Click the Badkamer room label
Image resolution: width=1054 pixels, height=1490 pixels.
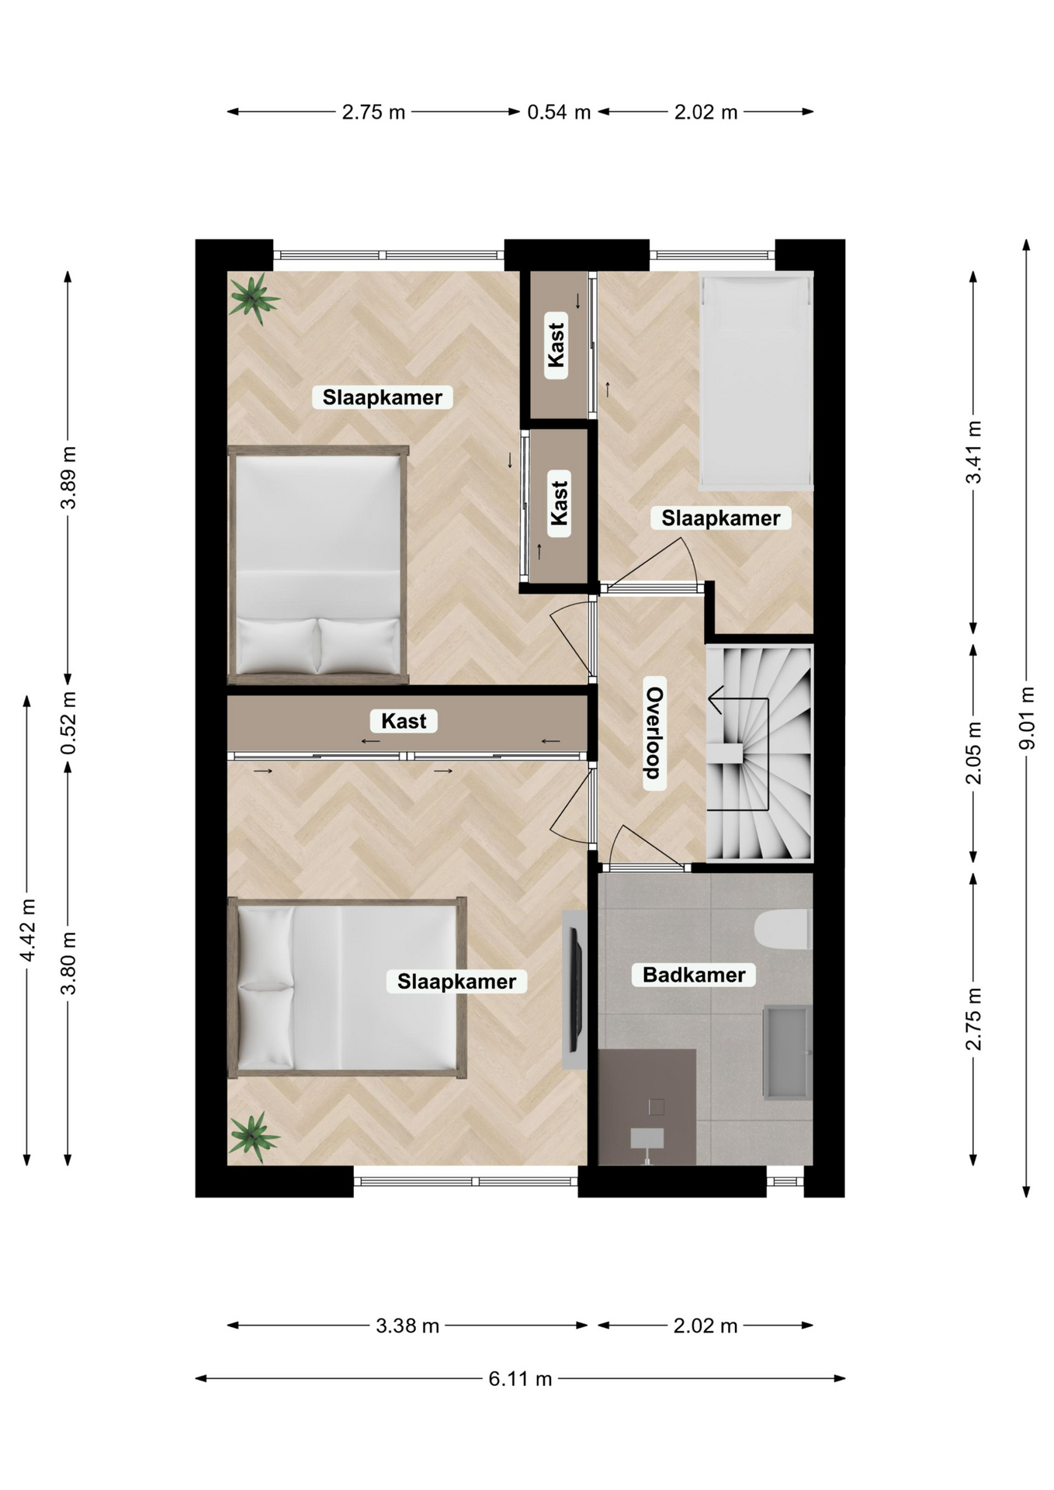[x=694, y=975]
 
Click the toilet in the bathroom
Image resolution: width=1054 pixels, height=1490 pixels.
[x=783, y=930]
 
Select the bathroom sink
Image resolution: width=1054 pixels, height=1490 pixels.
[x=788, y=1052]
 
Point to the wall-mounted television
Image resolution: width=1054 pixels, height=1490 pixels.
[x=576, y=989]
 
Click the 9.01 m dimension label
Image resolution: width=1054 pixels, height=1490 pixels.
[x=1027, y=718]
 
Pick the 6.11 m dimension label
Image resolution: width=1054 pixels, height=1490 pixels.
[x=520, y=1378]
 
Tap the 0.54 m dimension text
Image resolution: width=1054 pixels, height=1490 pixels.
[x=559, y=113]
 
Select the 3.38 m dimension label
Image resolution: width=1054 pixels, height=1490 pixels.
[x=407, y=1325]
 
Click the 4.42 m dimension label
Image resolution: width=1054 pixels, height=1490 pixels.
[x=28, y=930]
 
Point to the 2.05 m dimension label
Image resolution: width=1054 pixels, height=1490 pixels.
[x=973, y=753]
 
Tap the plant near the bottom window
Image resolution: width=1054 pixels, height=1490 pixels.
[x=253, y=1136]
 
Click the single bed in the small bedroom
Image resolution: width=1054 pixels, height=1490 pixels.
[x=757, y=380]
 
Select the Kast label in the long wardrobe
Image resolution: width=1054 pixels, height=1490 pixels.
[x=404, y=721]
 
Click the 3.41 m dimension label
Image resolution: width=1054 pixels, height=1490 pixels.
[x=973, y=452]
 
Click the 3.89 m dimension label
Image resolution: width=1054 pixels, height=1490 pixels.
[x=69, y=478]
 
